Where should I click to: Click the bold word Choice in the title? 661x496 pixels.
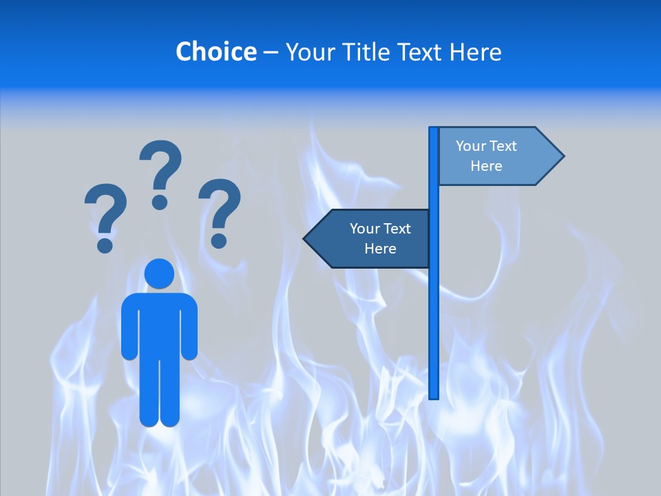216,52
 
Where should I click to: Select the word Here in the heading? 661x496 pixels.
476,52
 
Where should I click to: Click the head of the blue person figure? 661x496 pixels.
159,273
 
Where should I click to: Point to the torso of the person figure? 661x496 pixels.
159,324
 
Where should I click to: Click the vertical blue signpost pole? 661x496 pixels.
434,310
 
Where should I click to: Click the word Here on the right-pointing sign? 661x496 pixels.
486,166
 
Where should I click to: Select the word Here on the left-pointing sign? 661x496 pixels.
380,249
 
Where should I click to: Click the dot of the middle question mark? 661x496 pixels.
160,203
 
